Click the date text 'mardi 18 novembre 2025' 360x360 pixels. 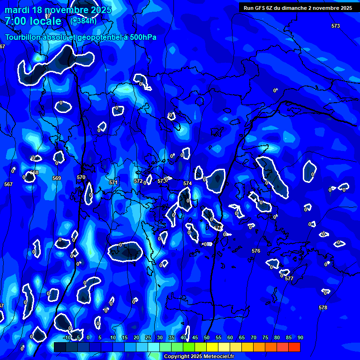(58, 10)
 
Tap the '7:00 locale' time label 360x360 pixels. (33, 21)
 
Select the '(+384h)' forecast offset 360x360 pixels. (83, 21)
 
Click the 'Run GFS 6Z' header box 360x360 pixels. (298, 8)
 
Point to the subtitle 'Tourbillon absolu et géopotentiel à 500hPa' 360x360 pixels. (81, 37)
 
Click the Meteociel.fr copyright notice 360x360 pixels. (199, 356)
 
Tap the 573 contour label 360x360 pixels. (335, 26)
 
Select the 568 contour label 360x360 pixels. (34, 172)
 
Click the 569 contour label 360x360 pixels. (57, 178)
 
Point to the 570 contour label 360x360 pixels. (81, 177)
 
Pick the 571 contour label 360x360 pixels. (113, 182)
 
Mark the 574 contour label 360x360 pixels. (187, 183)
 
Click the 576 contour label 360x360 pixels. (256, 251)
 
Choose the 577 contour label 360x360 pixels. (289, 278)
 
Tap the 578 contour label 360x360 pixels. (323, 307)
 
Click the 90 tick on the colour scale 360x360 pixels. (300, 337)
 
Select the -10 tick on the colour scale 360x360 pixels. (67, 337)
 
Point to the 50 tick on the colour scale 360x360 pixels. (207, 337)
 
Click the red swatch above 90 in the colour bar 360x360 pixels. (294, 347)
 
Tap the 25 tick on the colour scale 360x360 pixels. (148, 337)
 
